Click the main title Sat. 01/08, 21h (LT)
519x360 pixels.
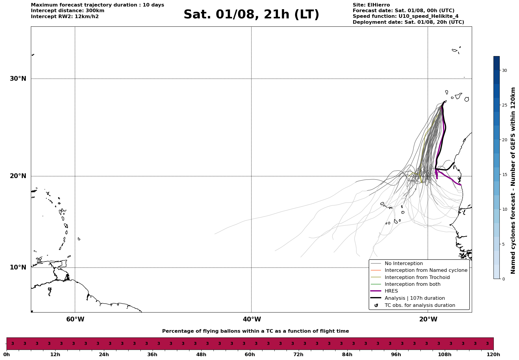[251, 15]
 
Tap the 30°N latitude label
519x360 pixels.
[18, 79]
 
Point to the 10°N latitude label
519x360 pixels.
[18, 267]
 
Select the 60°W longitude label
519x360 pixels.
[75, 319]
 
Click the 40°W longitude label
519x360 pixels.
[252, 319]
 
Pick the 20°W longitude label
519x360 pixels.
[428, 319]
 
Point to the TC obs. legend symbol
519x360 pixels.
[376, 305]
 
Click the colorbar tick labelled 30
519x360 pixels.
[504, 70]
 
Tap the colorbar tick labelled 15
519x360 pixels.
[504, 175]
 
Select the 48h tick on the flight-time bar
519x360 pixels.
[201, 354]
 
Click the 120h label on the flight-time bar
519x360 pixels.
[493, 354]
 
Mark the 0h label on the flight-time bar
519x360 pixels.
[7, 354]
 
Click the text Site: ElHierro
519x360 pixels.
[371, 5]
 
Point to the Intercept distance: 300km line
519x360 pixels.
[68, 11]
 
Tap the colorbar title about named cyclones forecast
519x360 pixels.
[513, 180]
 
